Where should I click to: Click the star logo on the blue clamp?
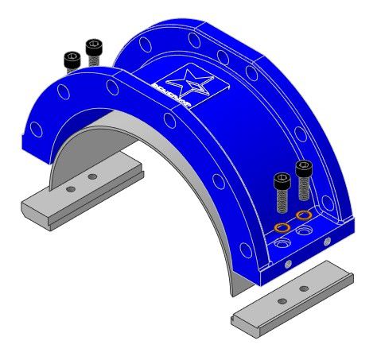click(192, 81)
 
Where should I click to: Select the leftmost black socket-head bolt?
click(72, 60)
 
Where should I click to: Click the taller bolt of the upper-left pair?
click(94, 49)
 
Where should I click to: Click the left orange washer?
click(281, 228)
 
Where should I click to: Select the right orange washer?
click(303, 215)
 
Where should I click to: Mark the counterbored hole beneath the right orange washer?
click(305, 231)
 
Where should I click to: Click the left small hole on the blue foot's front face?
click(287, 261)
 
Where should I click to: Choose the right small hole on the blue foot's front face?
click(326, 241)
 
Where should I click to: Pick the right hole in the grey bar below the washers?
click(303, 288)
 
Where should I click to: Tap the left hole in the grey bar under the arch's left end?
click(71, 189)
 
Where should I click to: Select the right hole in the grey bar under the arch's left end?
click(93, 176)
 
